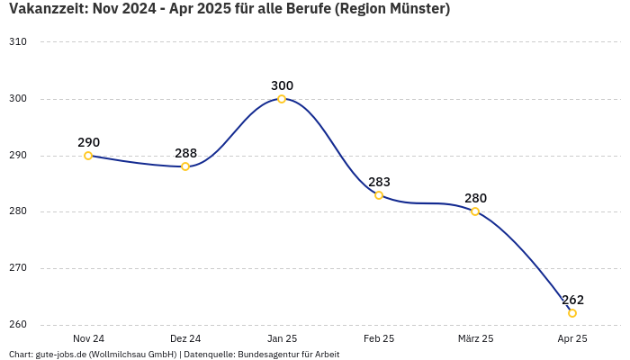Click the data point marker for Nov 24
click(x=88, y=156)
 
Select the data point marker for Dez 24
click(x=185, y=166)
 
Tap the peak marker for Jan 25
click(x=282, y=99)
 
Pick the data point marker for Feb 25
click(x=379, y=195)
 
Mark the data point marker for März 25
click(x=475, y=211)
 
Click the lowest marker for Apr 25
click(x=572, y=313)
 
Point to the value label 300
click(x=282, y=85)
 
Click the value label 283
click(x=379, y=182)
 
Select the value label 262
click(x=572, y=300)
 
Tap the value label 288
click(x=185, y=153)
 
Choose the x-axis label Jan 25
click(x=282, y=338)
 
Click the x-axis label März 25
click(x=475, y=338)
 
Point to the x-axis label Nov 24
click(x=88, y=338)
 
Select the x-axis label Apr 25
click(x=572, y=338)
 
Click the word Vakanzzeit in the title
click(x=45, y=10)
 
